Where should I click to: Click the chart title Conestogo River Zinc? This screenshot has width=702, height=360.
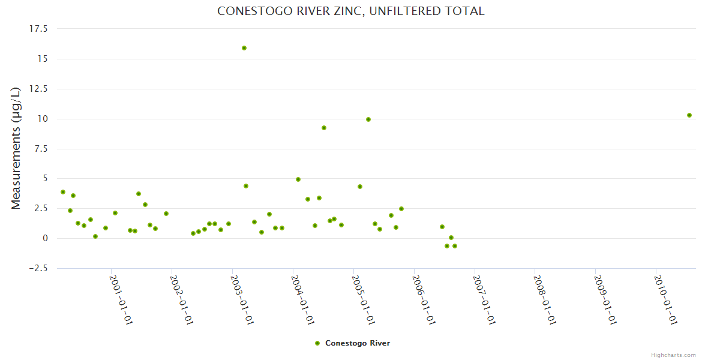click(x=350, y=11)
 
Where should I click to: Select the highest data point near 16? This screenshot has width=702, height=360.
click(x=244, y=48)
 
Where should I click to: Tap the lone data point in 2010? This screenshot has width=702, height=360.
click(x=689, y=115)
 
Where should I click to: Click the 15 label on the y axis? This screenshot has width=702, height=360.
click(x=41, y=59)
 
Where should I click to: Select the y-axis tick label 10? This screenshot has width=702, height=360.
click(x=41, y=119)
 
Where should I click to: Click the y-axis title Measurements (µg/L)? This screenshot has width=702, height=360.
click(x=16, y=148)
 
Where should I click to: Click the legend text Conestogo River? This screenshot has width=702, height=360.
click(x=358, y=343)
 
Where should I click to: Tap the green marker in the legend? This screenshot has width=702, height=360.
click(x=317, y=343)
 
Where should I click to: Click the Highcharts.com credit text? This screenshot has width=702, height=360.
click(x=673, y=355)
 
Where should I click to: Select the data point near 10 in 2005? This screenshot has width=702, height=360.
click(x=368, y=119)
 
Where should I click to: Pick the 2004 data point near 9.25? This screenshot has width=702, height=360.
click(x=324, y=128)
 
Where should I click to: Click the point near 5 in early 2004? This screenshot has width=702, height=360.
click(x=298, y=179)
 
